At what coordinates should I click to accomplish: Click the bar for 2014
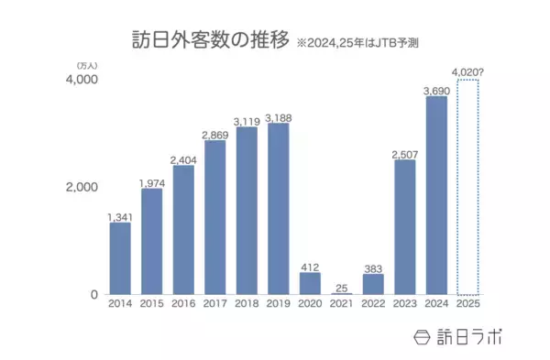coord(120,258)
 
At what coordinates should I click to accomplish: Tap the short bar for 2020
coord(310,283)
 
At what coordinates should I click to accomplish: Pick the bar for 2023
coord(404,227)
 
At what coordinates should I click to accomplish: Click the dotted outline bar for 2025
coord(468,187)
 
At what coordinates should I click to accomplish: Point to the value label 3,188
coord(279,116)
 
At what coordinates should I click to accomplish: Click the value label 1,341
coord(120,216)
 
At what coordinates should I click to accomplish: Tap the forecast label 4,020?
coord(468,72)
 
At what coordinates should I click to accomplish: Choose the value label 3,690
coord(436,90)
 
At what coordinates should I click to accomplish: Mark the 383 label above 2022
coord(373,266)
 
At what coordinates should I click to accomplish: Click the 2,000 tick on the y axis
coord(81,187)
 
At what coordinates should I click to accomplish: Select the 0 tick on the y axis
coord(93,294)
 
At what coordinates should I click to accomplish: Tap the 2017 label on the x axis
coord(214,303)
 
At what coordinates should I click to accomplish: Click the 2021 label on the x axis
coord(342,303)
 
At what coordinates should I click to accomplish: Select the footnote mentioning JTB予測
coord(364,43)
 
